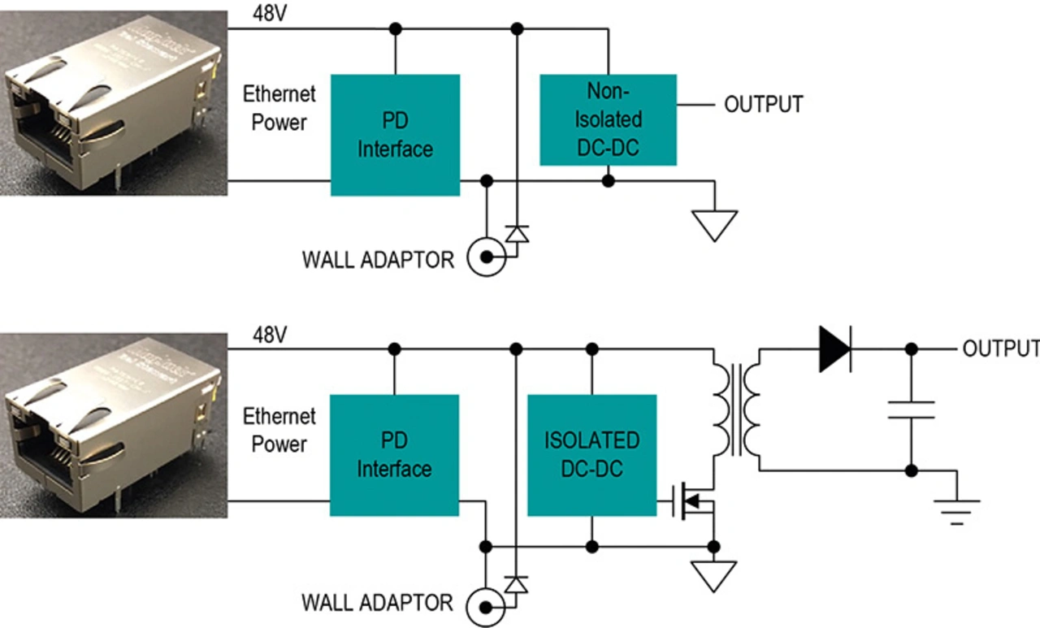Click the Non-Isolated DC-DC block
pos(608,119)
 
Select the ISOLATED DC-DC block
pos(591,455)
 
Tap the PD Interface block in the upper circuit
pos(395,135)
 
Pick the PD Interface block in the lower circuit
pos(394,455)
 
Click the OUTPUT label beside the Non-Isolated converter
pos(763,105)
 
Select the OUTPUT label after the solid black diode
pos(1000,349)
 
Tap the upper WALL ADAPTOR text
pos(378,260)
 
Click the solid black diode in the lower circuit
pos(834,349)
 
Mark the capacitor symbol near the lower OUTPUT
pos(911,409)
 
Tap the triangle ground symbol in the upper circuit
pos(714,224)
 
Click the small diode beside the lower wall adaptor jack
pos(516,583)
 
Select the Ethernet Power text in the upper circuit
pos(279,108)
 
